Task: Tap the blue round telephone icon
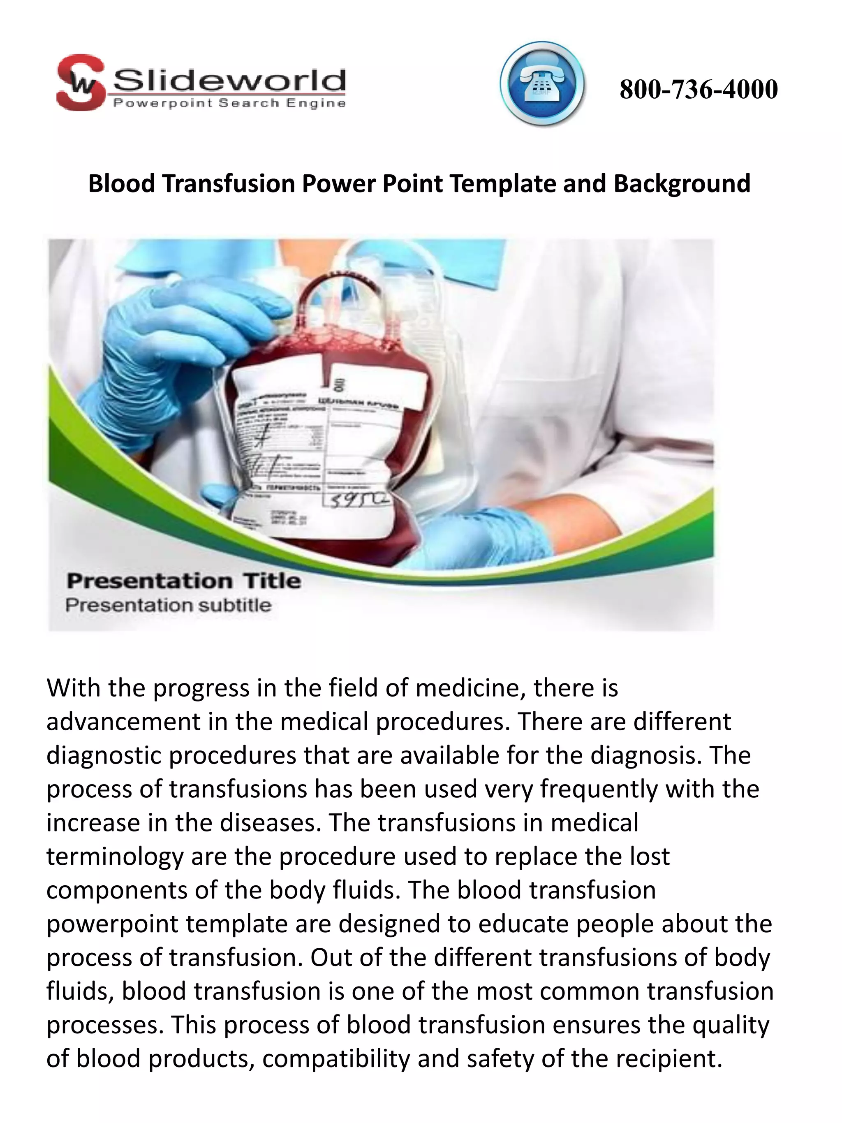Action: [x=541, y=84]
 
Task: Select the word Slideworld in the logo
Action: [x=229, y=81]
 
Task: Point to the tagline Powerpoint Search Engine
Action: [x=229, y=104]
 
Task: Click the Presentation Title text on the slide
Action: [x=183, y=581]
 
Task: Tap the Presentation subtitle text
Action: [x=168, y=605]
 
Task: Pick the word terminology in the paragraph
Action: [x=115, y=857]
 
